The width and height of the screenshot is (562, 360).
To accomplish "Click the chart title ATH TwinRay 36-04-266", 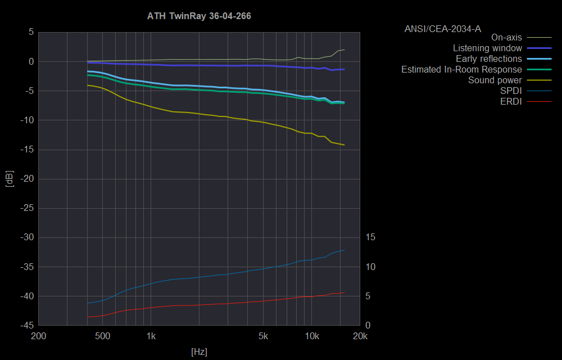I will click(x=199, y=16).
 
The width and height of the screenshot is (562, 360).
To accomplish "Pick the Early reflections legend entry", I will click(x=488, y=59).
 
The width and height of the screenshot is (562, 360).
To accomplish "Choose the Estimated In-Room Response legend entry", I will click(x=461, y=70).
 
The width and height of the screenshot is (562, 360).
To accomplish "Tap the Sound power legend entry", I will click(x=495, y=80).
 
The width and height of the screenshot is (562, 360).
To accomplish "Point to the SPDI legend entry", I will click(x=511, y=91).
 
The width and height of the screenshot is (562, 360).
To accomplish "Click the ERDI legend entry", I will click(x=511, y=101).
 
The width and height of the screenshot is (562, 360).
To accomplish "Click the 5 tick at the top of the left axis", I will click(x=31, y=32).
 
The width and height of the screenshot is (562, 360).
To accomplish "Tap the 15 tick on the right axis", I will click(x=370, y=237).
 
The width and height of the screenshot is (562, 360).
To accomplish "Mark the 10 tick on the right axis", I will click(x=370, y=267).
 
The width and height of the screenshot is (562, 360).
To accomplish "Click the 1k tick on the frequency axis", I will click(x=151, y=336).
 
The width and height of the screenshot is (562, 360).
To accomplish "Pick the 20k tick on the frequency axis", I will click(x=360, y=336).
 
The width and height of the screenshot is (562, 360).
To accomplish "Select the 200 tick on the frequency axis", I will click(x=38, y=336).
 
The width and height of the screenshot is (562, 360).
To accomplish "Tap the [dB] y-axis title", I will click(x=9, y=179).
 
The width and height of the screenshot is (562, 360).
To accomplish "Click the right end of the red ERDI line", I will click(x=344, y=292).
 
